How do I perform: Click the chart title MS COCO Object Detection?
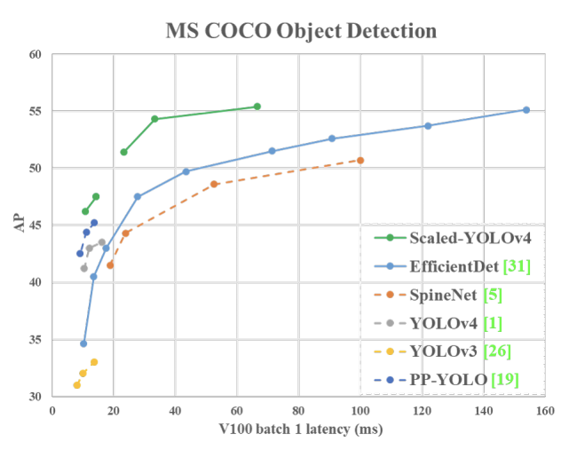tap(301, 31)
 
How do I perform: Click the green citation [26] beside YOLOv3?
tap(498, 351)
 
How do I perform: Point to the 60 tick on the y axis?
tap(35, 54)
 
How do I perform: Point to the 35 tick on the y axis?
tap(35, 340)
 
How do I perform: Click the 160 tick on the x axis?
tap(544, 411)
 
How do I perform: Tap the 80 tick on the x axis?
tap(298, 411)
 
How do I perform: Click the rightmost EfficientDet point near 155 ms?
tap(526, 110)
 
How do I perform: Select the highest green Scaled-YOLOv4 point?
tap(257, 107)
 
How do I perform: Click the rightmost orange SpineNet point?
tap(360, 160)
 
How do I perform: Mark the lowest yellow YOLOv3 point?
tap(76, 384)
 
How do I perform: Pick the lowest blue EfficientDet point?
tap(83, 343)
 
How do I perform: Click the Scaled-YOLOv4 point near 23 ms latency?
tap(123, 152)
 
